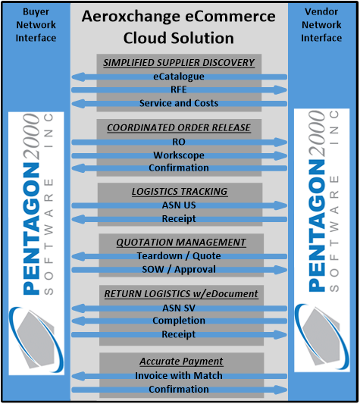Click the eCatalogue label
click(x=179, y=77)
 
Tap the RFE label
click(x=179, y=89)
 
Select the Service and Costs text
click(x=179, y=103)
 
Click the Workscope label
click(x=179, y=155)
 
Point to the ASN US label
click(x=179, y=205)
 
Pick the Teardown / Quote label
click(x=179, y=256)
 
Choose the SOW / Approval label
click(x=179, y=270)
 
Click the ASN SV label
click(x=179, y=308)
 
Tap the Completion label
click(x=179, y=321)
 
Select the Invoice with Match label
click(x=179, y=376)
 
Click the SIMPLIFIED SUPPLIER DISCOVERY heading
click(x=179, y=63)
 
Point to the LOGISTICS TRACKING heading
click(x=180, y=192)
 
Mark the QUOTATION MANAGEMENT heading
click(x=181, y=243)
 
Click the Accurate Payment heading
click(x=181, y=362)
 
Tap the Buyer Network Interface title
click(x=36, y=25)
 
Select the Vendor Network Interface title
click(x=321, y=25)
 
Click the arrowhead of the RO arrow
click(x=280, y=142)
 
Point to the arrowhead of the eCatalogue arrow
click(x=78, y=77)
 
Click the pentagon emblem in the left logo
click(x=36, y=339)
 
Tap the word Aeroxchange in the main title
click(x=130, y=16)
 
